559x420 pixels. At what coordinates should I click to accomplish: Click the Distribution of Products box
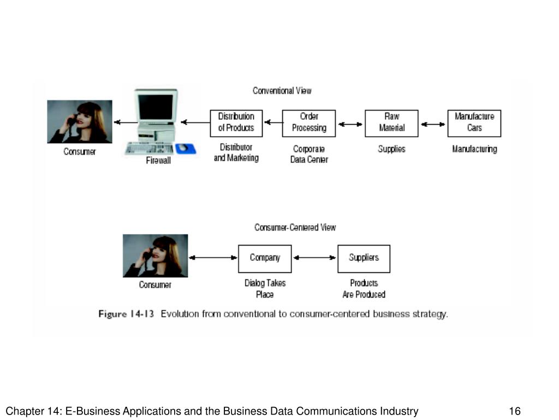236,123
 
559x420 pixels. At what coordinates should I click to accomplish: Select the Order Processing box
309,123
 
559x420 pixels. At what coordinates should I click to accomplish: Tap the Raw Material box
391,123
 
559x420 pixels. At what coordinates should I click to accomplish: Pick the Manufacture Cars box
474,123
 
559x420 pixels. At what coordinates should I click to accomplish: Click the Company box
265,259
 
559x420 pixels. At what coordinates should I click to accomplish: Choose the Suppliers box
364,259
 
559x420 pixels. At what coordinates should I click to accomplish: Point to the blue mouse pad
186,149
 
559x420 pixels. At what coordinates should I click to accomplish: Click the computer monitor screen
156,107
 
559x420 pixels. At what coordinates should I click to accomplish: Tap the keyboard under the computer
150,148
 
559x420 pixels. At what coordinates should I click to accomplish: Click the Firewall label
158,161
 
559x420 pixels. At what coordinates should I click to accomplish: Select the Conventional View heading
282,91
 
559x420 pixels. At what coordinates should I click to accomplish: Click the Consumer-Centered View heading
295,227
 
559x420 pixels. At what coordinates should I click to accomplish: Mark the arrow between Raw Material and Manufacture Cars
433,124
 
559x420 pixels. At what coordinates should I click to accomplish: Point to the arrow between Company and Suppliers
314,258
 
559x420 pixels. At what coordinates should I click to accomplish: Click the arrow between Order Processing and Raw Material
350,124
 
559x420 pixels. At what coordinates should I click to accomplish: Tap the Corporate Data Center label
309,154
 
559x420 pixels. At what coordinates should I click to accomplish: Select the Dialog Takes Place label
265,289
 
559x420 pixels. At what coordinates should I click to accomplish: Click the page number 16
515,411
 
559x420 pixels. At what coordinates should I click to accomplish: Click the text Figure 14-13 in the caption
126,314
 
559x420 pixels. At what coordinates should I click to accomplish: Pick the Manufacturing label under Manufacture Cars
474,149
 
